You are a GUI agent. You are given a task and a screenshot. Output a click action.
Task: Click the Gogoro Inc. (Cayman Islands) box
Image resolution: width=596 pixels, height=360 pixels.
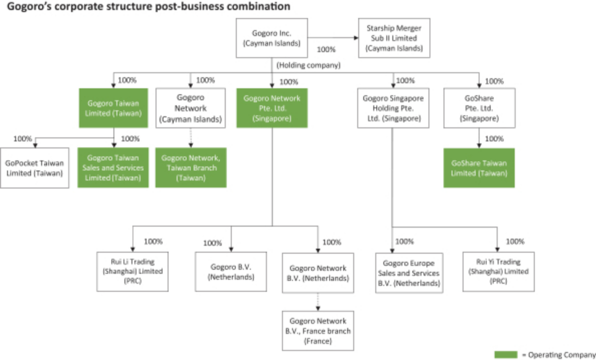(x=271, y=39)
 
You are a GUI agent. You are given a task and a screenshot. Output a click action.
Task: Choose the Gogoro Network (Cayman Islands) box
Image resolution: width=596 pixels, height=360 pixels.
(x=190, y=108)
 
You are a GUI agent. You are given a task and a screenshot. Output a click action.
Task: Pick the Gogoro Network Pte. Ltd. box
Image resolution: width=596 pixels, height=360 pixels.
(x=271, y=108)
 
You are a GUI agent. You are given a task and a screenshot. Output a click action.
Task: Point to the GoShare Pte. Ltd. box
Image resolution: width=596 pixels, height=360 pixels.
(x=479, y=108)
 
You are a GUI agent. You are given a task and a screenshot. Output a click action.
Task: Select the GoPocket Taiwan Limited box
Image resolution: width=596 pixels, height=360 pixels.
(x=35, y=167)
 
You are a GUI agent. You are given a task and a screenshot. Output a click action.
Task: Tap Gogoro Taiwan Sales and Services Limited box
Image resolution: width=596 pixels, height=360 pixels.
(x=113, y=167)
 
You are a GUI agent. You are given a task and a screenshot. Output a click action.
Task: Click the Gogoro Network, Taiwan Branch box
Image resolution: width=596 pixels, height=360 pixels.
(x=190, y=167)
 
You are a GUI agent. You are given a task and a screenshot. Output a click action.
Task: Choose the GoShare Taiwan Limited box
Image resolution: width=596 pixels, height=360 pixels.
(x=479, y=167)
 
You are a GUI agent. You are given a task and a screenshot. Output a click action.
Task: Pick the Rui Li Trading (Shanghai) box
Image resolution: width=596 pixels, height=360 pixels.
(x=132, y=271)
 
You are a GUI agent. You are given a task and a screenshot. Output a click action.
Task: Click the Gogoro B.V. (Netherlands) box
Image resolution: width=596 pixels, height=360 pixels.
(x=231, y=271)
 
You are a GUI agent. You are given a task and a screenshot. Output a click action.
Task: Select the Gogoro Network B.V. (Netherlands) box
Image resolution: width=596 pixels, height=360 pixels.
(x=318, y=273)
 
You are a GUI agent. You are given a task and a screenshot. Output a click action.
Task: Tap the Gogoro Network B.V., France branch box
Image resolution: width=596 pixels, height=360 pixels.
(x=318, y=330)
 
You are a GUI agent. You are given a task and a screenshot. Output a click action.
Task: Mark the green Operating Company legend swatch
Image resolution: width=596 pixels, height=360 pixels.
(x=506, y=355)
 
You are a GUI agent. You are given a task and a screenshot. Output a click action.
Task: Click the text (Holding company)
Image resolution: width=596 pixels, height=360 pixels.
(x=309, y=65)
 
